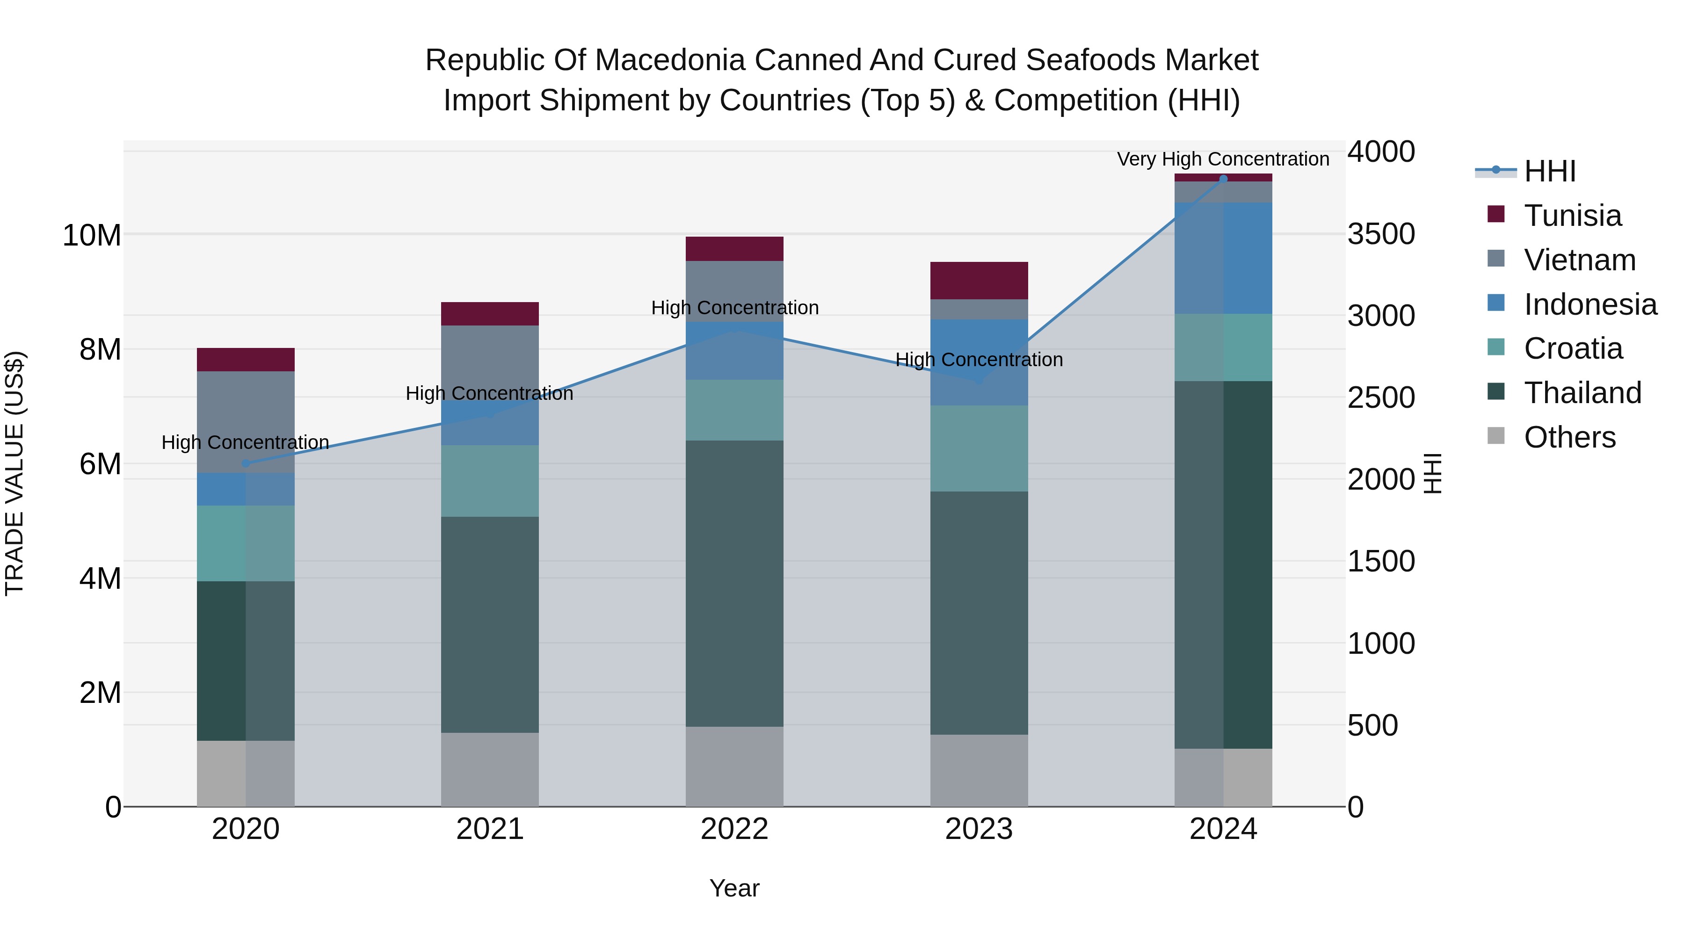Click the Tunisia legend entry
pos(1572,216)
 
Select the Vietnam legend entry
pos(1579,260)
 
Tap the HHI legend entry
pos(1549,171)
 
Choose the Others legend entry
pos(1569,437)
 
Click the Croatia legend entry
pos(1573,348)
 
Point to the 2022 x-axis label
pos(734,829)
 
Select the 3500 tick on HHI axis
pos(1381,234)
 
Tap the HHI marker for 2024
pos(1223,179)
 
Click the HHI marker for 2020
pos(246,463)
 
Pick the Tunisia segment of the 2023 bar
pos(979,281)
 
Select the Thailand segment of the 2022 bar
pos(734,583)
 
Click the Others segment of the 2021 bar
pos(490,769)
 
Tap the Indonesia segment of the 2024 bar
pos(1223,258)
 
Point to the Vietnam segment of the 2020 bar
pos(246,421)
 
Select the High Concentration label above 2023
pos(979,360)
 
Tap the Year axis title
pos(734,888)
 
